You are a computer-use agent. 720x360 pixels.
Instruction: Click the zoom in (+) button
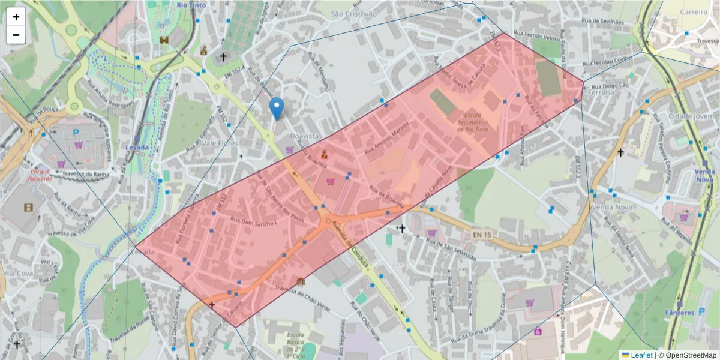[16, 17]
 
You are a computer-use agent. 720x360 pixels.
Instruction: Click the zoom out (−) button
[16, 35]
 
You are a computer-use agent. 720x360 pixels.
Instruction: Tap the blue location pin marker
[276, 108]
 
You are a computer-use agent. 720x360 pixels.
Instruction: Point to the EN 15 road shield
[481, 233]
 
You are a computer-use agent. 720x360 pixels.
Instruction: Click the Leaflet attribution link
[641, 355]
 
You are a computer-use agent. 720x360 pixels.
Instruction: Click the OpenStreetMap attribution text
[688, 355]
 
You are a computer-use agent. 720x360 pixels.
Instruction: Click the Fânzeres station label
[679, 313]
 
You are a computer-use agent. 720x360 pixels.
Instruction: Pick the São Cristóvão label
[354, 13]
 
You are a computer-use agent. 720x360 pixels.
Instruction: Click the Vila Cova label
[17, 273]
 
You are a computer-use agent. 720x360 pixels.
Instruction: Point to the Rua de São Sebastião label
[451, 248]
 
